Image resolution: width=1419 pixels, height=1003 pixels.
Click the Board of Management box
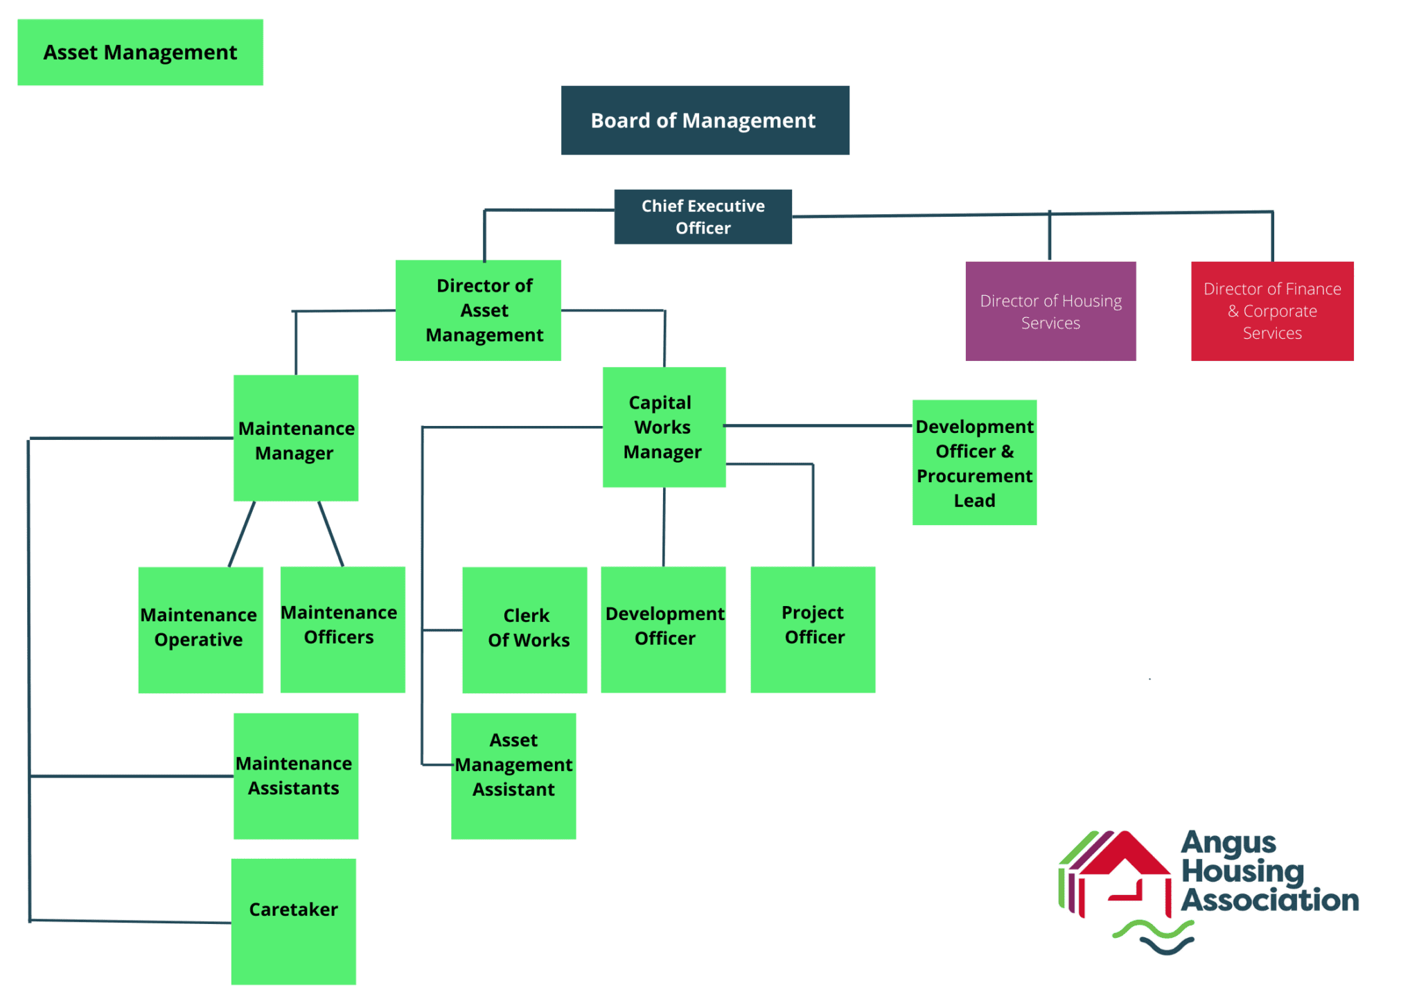(x=705, y=120)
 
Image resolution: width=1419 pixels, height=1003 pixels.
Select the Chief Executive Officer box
(x=703, y=216)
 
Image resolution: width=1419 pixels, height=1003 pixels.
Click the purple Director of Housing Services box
(x=1050, y=311)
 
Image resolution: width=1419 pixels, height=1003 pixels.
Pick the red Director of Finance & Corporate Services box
(x=1272, y=311)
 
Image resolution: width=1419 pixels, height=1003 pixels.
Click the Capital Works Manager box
(x=664, y=427)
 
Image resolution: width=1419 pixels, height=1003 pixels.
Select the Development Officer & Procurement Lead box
(x=974, y=462)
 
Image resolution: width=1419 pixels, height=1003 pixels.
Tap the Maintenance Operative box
(x=200, y=630)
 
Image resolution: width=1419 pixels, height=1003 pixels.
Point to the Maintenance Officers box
(x=342, y=629)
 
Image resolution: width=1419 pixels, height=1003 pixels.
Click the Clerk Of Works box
(x=525, y=630)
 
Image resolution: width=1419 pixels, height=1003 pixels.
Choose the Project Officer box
(x=813, y=629)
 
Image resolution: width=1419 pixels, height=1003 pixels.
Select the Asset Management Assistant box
(x=513, y=776)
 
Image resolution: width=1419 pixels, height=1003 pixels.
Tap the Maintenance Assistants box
(x=296, y=776)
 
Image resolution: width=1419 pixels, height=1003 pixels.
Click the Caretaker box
(x=294, y=921)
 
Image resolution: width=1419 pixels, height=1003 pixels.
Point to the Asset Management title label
(x=140, y=53)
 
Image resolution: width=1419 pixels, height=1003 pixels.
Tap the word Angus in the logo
(x=1228, y=843)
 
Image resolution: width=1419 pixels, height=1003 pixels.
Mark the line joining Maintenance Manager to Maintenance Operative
(x=242, y=533)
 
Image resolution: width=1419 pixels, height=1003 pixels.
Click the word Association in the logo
(x=1269, y=900)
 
